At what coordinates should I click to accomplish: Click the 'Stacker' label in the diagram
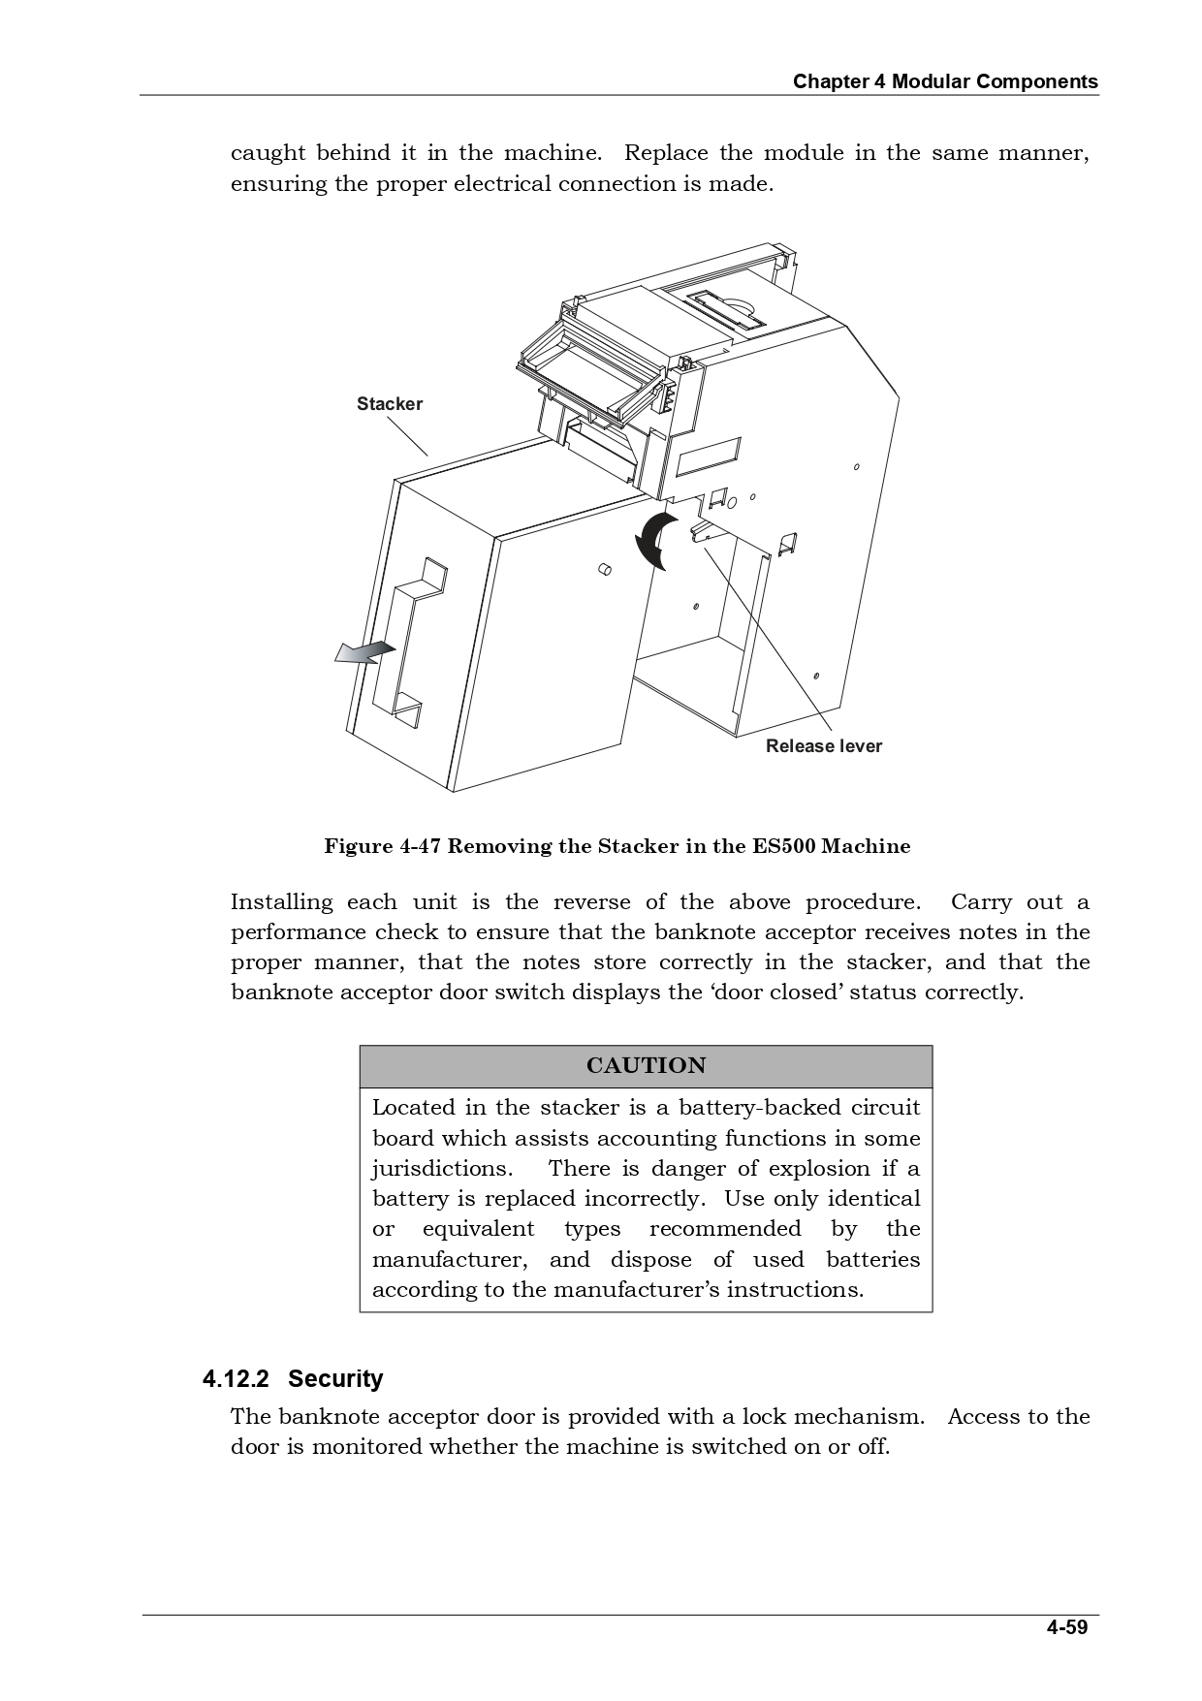pos(389,404)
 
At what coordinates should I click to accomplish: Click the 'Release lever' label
pos(823,745)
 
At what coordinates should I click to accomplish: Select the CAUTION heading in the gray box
pos(646,1065)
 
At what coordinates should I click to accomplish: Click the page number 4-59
pos(1066,1627)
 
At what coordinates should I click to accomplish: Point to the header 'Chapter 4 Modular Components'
pos(945,81)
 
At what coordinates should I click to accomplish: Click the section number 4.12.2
pos(236,1378)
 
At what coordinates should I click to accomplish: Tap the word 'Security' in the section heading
pos(335,1378)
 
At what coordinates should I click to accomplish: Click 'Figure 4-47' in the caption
pos(383,846)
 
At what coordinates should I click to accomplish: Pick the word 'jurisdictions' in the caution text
pos(441,1168)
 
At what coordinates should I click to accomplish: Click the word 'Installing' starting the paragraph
pos(281,902)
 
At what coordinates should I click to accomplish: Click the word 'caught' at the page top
pos(268,153)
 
